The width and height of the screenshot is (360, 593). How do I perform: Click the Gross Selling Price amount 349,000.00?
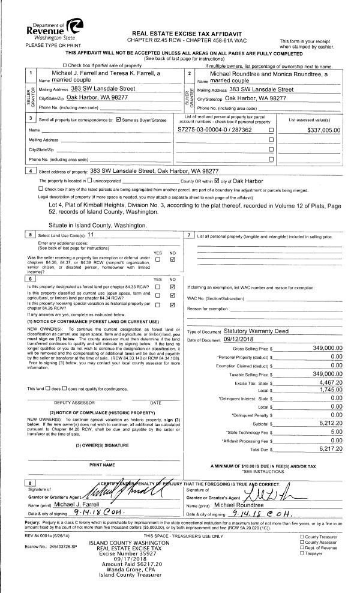click(x=321, y=348)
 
